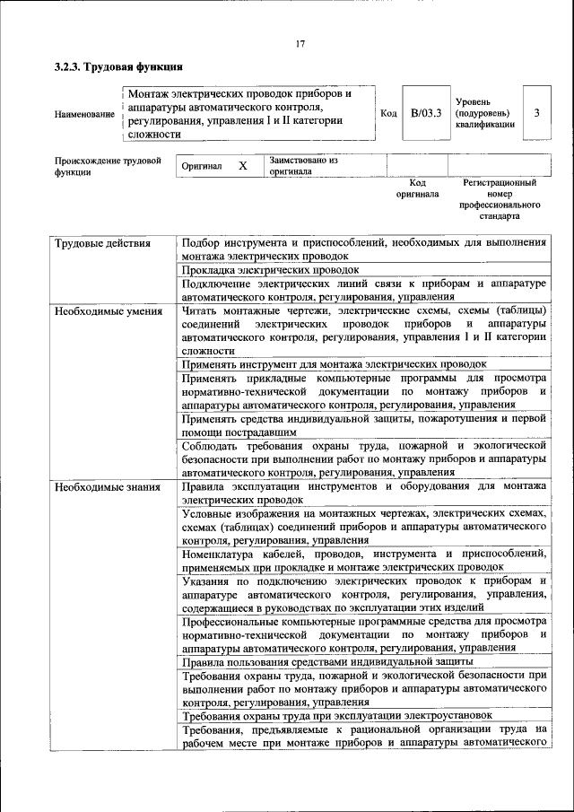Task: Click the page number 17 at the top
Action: pyautogui.click(x=300, y=45)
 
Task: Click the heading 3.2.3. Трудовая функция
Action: pyautogui.click(x=119, y=66)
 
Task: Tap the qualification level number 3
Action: pyautogui.click(x=536, y=113)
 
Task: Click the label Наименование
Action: pyautogui.click(x=84, y=114)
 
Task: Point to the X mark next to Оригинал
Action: pyautogui.click(x=242, y=166)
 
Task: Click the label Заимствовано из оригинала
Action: pyautogui.click(x=303, y=165)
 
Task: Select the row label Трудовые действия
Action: pyautogui.click(x=101, y=243)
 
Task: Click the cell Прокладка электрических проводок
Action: pyautogui.click(x=270, y=269)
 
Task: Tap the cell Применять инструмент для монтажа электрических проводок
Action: pyautogui.click(x=334, y=364)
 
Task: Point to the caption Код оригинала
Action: pyautogui.click(x=418, y=188)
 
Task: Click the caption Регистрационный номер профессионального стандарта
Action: pyautogui.click(x=499, y=199)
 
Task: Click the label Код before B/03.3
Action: pyautogui.click(x=388, y=113)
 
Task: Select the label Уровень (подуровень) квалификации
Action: pyautogui.click(x=484, y=113)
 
